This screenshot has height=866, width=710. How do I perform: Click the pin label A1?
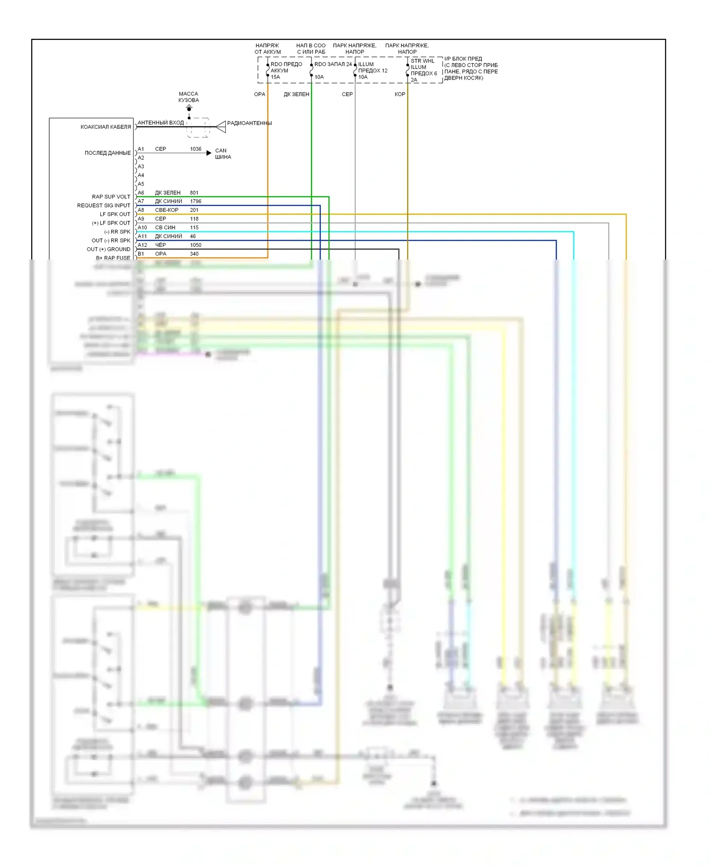click(141, 149)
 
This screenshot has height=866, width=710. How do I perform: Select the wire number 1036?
click(195, 149)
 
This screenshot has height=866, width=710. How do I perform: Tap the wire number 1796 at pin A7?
click(195, 201)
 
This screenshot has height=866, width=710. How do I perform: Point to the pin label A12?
click(142, 245)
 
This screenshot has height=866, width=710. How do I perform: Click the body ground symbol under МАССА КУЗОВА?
click(189, 109)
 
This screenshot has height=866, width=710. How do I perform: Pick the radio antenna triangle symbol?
click(221, 126)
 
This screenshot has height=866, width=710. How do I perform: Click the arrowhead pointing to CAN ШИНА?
click(209, 153)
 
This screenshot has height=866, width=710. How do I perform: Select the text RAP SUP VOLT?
click(111, 197)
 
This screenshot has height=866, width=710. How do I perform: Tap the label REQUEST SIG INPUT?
click(104, 206)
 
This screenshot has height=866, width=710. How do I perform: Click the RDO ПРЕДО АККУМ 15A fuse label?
click(285, 71)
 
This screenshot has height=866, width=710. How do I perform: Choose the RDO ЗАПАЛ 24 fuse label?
click(333, 64)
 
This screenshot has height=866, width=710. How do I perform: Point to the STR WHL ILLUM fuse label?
click(422, 64)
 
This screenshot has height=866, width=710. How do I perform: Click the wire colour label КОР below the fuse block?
click(399, 94)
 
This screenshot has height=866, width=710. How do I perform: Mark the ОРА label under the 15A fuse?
click(259, 94)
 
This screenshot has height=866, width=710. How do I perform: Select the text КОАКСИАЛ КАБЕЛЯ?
click(106, 127)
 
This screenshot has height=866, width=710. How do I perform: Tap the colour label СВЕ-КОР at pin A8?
click(167, 210)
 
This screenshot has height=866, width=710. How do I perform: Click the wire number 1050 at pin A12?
click(195, 245)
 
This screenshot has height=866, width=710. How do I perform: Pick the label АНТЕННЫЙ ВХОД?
click(160, 123)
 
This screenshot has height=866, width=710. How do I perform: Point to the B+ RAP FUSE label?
click(113, 258)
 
